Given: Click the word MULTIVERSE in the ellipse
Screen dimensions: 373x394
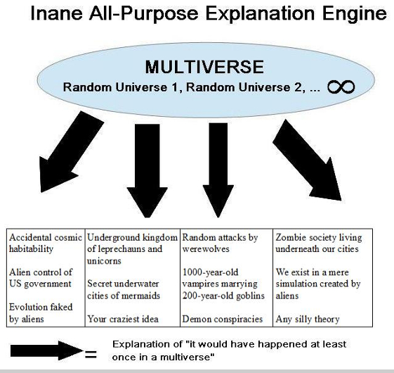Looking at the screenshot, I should pyautogui.click(x=204, y=68).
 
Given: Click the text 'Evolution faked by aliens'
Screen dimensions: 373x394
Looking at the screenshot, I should pyautogui.click(x=38, y=313).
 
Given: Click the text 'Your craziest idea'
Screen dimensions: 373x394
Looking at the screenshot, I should pyautogui.click(x=123, y=319).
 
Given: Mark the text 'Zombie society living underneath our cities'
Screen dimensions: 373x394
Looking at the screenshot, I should pyautogui.click(x=317, y=243).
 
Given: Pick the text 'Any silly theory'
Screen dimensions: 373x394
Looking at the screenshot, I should pyautogui.click(x=308, y=319).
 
